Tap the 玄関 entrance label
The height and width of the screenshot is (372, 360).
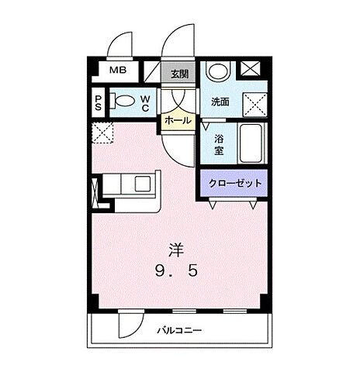179,74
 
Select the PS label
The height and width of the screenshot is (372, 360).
99,102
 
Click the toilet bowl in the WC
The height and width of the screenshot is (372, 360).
123,101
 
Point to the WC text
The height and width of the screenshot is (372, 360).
146,102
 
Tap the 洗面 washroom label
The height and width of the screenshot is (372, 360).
220,102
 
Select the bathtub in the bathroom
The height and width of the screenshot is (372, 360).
251,142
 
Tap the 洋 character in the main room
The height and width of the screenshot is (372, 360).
178,250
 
